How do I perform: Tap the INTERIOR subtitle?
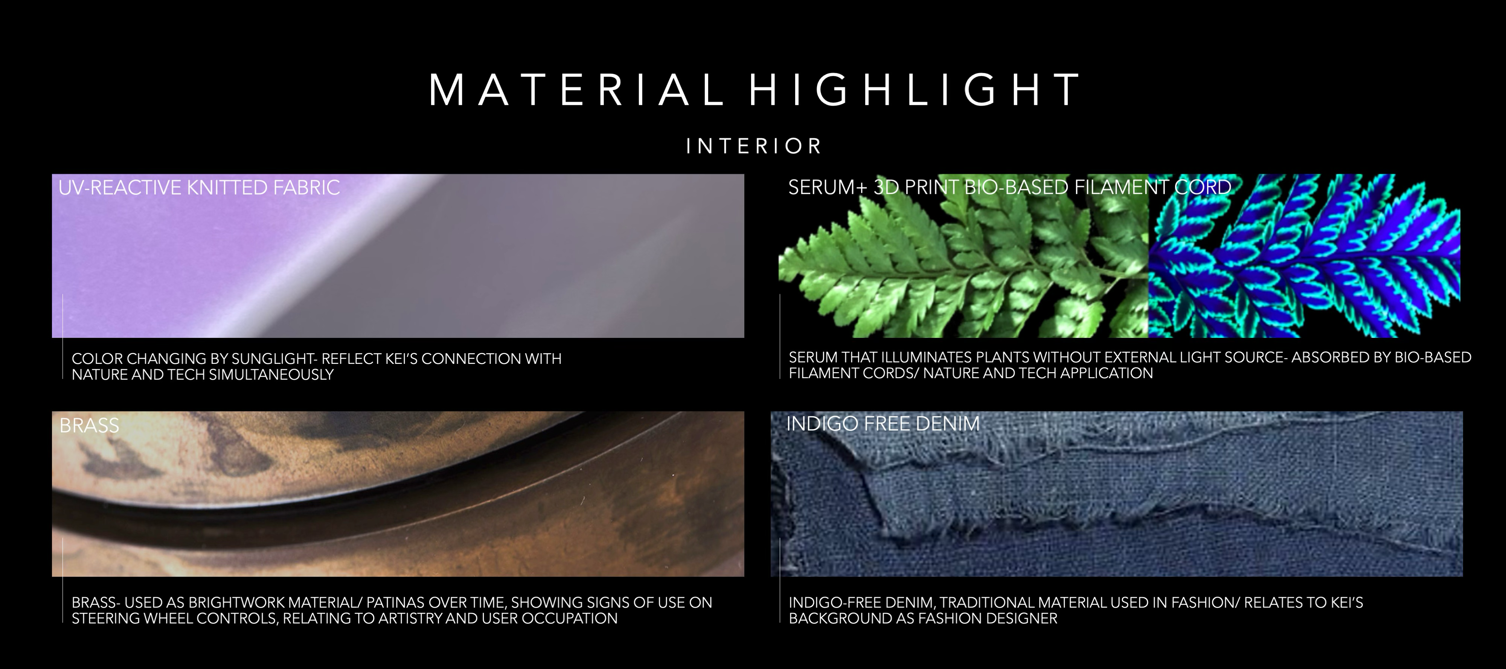754,146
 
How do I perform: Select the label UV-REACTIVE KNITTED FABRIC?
199,187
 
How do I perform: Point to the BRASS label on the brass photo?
89,425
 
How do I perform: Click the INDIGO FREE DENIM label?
883,424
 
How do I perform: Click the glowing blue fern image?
1304,256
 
